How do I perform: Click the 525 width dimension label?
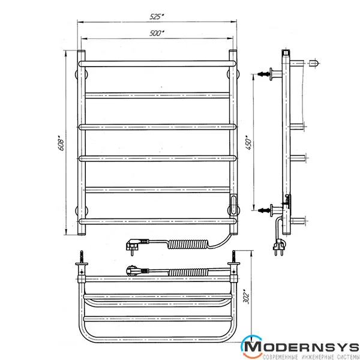[157, 17]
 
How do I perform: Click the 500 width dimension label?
[157, 33]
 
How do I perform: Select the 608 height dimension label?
[61, 143]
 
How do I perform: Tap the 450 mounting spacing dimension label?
[248, 144]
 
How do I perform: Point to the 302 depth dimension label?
[247, 296]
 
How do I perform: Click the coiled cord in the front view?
[188, 244]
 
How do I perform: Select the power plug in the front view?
[137, 245]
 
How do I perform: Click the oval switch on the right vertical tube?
[233, 204]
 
